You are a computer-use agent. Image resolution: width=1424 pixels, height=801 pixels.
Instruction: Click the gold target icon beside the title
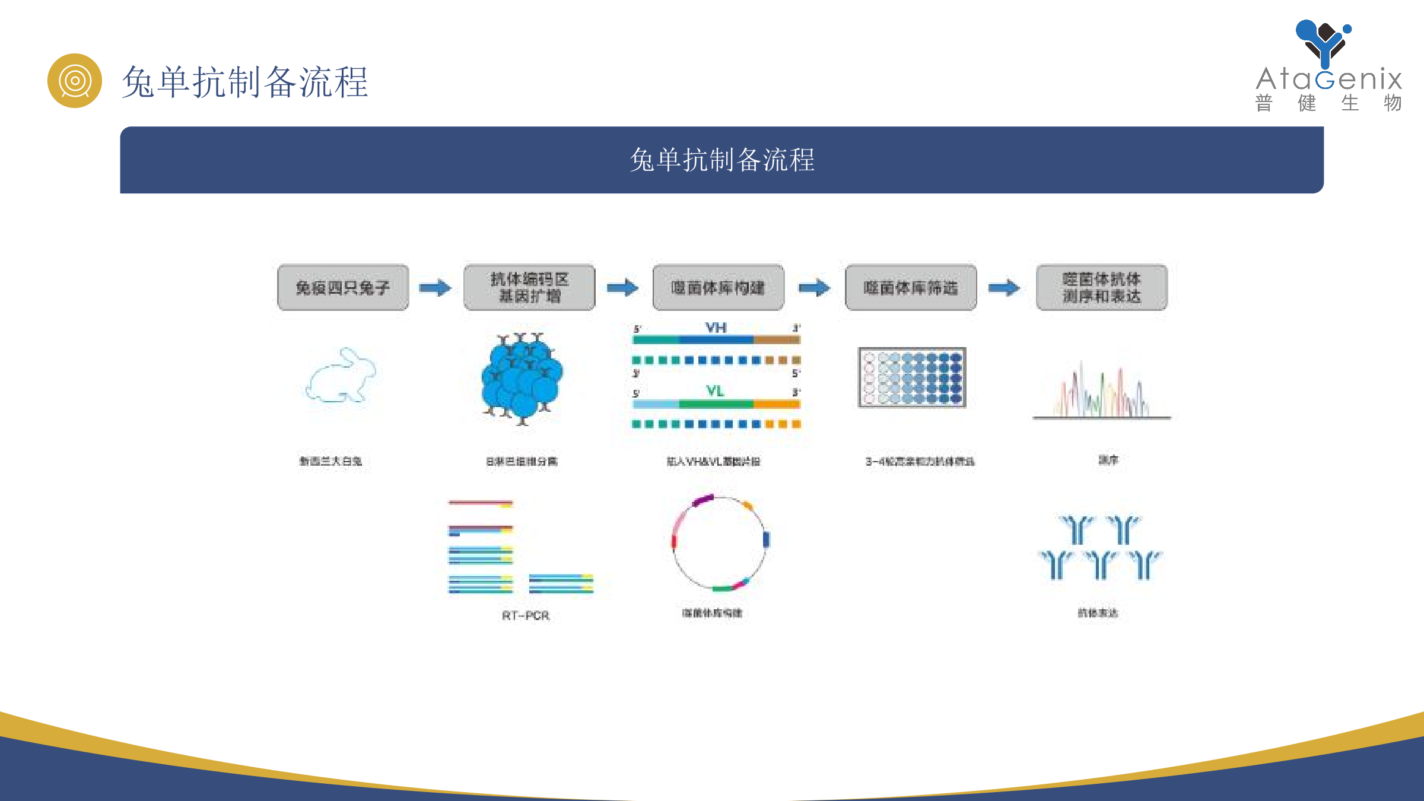(x=75, y=81)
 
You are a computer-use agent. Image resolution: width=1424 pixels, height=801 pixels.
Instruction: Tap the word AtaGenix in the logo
(x=1329, y=80)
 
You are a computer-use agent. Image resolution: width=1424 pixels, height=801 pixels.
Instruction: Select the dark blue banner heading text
(x=721, y=160)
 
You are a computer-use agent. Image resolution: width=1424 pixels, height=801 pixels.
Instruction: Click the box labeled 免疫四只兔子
(x=343, y=288)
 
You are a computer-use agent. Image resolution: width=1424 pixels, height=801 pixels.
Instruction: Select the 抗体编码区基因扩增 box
(x=529, y=288)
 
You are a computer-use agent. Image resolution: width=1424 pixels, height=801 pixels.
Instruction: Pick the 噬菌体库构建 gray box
(x=718, y=288)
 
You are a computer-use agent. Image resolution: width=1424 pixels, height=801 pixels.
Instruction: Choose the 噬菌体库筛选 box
(x=911, y=288)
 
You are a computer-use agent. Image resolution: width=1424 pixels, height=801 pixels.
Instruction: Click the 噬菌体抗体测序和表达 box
(x=1101, y=288)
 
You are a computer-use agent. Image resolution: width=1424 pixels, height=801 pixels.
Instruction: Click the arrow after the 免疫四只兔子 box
(x=435, y=288)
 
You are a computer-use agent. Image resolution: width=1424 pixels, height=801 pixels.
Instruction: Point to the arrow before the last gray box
(x=1004, y=288)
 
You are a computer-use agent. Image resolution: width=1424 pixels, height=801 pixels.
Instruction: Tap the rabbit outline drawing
(x=342, y=376)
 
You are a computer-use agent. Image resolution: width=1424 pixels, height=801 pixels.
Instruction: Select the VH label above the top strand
(x=716, y=328)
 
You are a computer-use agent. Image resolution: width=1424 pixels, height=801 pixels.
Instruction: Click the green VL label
(x=715, y=391)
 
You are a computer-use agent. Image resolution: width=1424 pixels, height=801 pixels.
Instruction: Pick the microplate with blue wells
(x=912, y=377)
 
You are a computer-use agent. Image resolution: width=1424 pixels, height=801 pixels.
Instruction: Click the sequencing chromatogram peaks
(x=1101, y=392)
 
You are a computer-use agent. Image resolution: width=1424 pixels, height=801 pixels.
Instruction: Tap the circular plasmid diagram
(x=720, y=542)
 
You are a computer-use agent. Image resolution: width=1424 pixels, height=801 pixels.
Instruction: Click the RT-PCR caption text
(x=526, y=615)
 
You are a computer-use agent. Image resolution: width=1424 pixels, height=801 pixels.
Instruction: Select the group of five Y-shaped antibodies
(x=1101, y=547)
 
